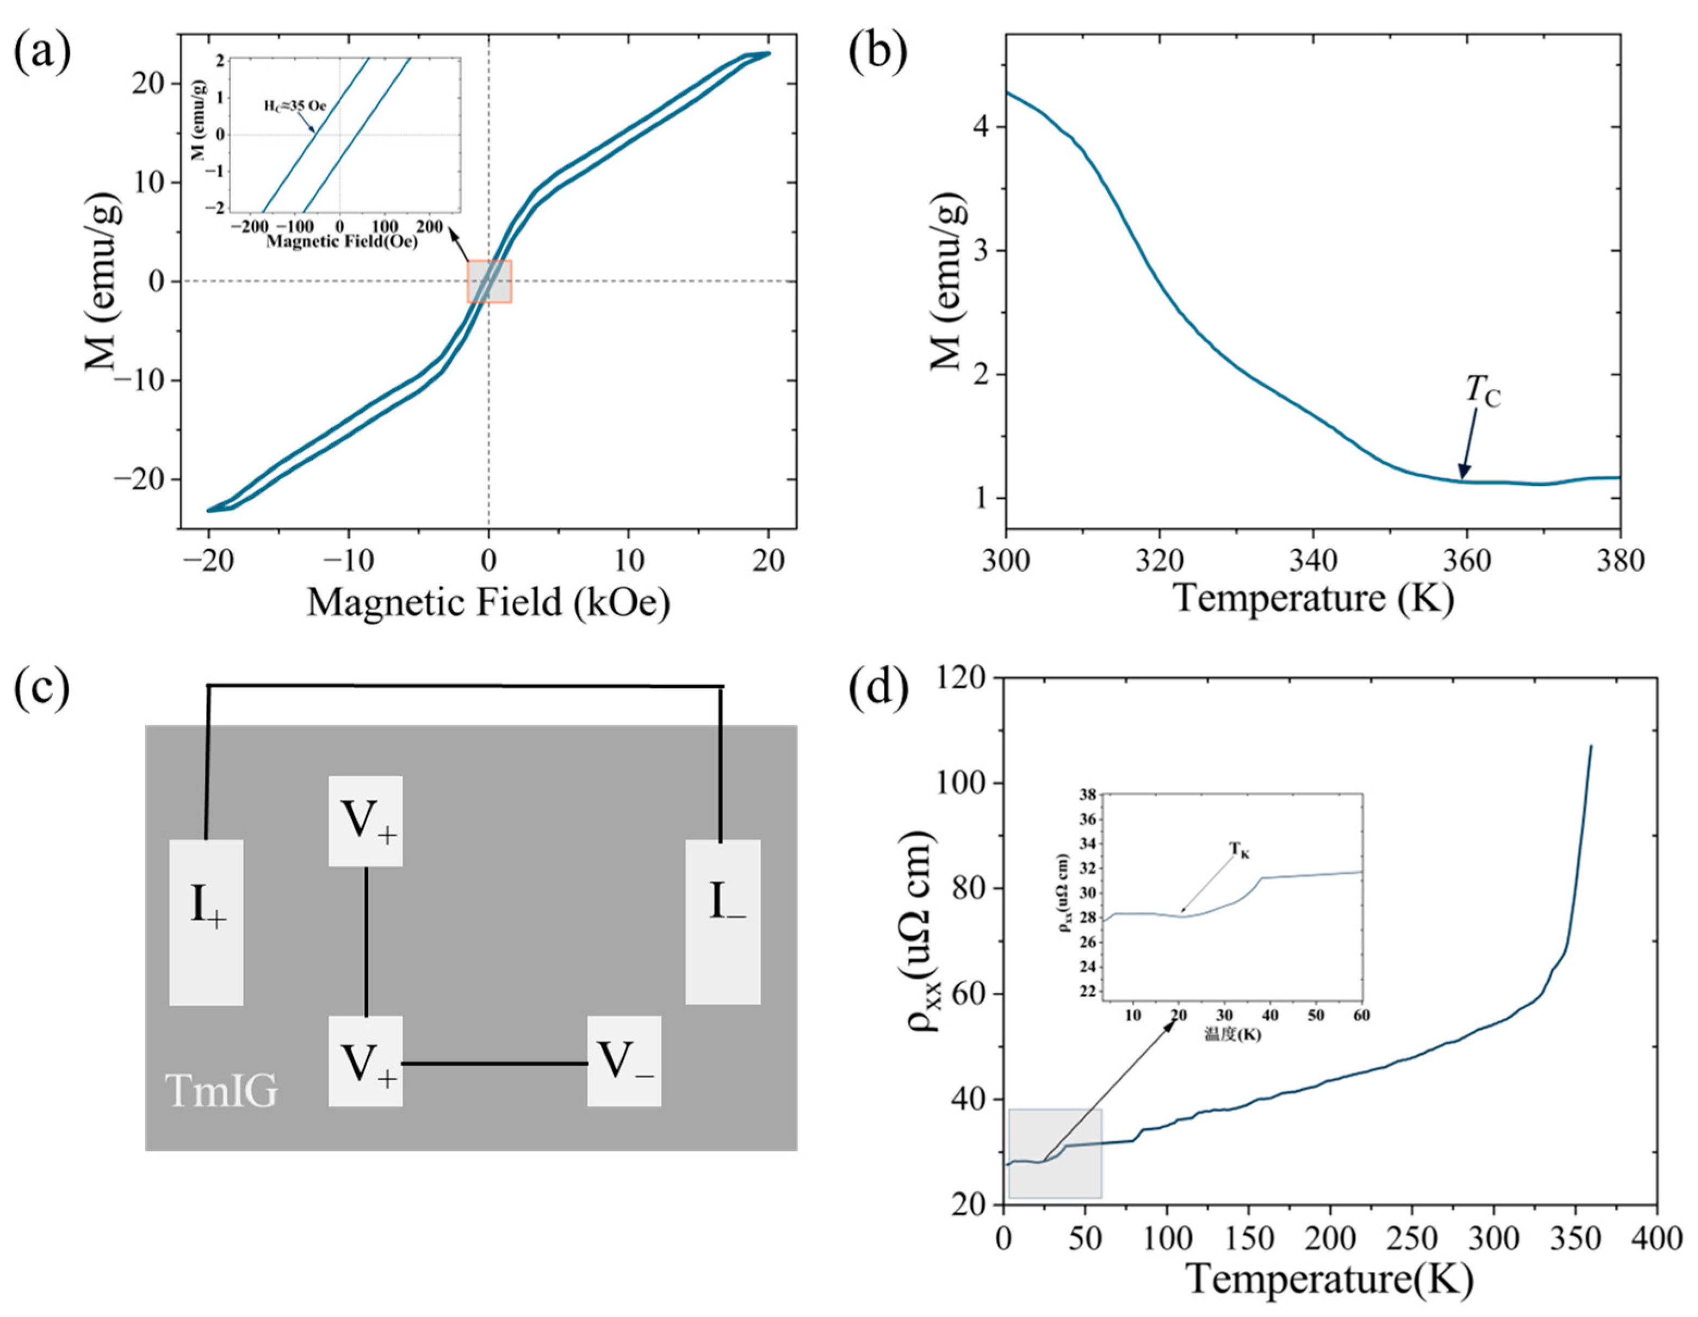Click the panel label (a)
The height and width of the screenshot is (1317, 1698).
pos(43,53)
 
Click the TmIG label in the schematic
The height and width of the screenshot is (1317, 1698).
pos(221,1091)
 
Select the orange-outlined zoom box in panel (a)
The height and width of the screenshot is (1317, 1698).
pos(489,281)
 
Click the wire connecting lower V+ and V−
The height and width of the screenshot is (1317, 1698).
pos(494,1063)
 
